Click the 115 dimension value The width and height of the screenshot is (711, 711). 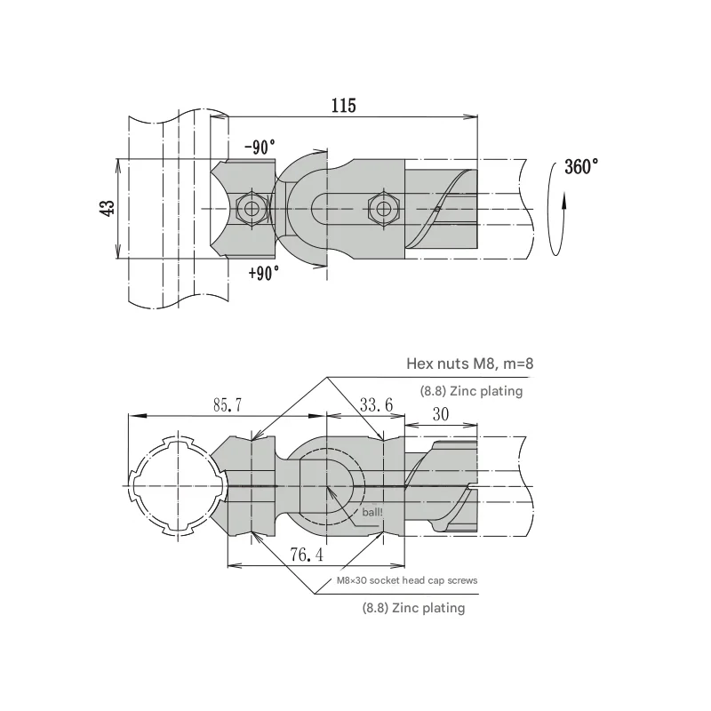343,106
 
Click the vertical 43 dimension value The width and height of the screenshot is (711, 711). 107,209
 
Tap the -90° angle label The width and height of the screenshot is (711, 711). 260,148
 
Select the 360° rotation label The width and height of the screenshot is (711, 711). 581,168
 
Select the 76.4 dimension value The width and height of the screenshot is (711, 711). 306,555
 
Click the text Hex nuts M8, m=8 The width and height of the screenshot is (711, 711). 469,363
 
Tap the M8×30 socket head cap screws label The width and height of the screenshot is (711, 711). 406,580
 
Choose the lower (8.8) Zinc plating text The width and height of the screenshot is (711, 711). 413,608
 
